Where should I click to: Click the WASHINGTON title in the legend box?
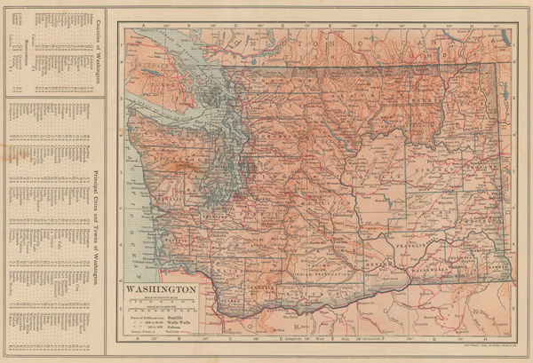[x=160, y=289]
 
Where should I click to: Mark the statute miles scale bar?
[x=160, y=301]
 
